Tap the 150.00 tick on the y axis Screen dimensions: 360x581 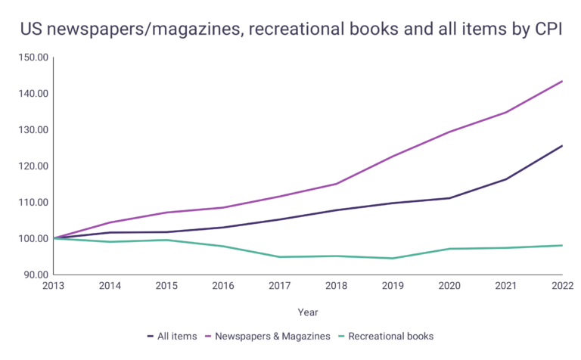[x=33, y=57]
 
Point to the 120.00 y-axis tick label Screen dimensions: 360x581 [x=33, y=166]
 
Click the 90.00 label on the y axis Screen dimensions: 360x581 [x=36, y=275]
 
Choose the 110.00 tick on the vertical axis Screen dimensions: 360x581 [x=33, y=203]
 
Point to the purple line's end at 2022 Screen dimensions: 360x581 [x=562, y=81]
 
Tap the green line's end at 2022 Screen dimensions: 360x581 [x=562, y=245]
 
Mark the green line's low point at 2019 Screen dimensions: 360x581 [x=393, y=258]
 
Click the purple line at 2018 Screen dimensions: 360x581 [x=337, y=184]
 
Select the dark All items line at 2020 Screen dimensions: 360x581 [x=449, y=198]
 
